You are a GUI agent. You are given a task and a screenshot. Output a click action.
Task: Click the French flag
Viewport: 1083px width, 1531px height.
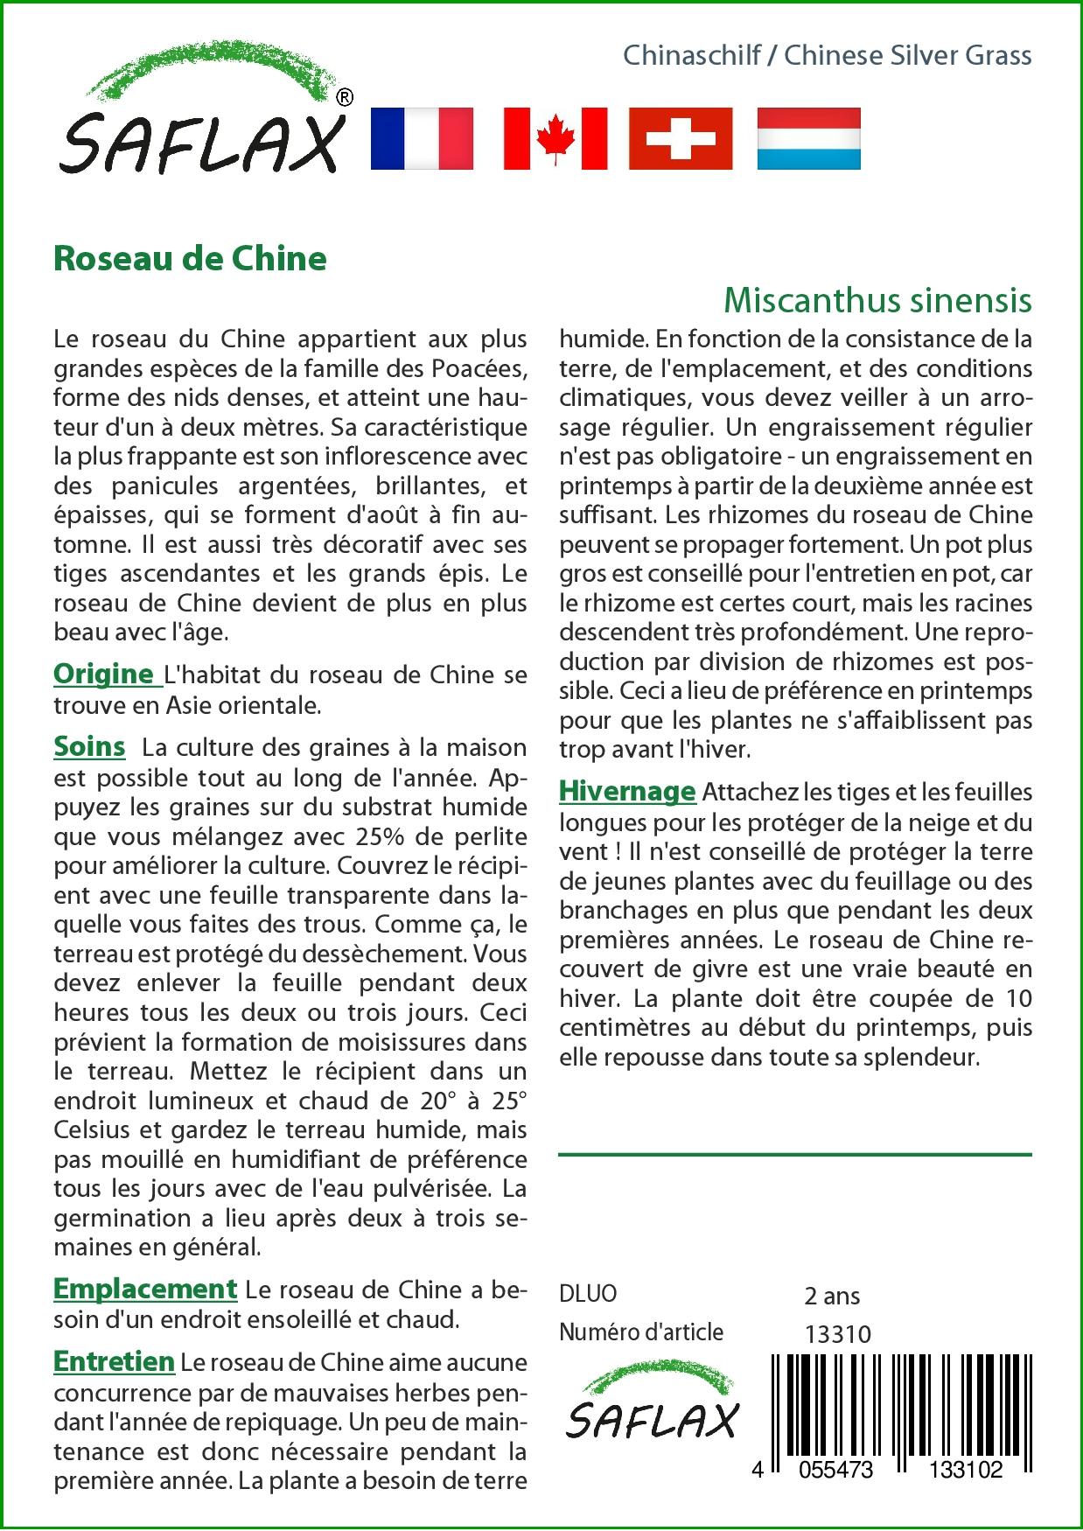point(422,138)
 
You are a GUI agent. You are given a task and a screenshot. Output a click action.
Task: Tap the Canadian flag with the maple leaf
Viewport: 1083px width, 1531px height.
point(555,138)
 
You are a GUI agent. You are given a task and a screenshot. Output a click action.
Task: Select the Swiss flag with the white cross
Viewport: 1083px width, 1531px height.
point(680,138)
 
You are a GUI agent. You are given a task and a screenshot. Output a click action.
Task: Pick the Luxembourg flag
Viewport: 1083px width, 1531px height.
point(808,138)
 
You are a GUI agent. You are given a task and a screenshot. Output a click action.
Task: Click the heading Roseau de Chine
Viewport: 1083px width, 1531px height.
point(190,259)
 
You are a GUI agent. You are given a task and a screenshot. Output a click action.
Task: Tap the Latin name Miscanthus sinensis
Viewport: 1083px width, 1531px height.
point(877,300)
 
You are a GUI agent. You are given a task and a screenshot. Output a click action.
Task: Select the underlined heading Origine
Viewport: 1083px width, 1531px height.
point(104,674)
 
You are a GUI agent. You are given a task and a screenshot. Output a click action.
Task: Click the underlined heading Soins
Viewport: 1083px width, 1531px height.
point(89,746)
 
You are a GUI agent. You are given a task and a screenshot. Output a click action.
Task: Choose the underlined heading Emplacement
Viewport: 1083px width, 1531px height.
point(145,1288)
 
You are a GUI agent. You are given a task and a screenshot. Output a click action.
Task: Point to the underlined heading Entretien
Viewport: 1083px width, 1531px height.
point(114,1361)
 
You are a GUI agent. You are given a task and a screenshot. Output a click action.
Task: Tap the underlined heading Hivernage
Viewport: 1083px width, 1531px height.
point(627,791)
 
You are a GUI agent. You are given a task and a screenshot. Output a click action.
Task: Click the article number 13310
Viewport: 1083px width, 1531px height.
point(837,1333)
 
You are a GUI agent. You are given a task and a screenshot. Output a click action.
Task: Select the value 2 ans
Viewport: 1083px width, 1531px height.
point(831,1295)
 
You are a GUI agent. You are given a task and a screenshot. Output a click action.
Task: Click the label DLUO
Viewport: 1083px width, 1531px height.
point(588,1293)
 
